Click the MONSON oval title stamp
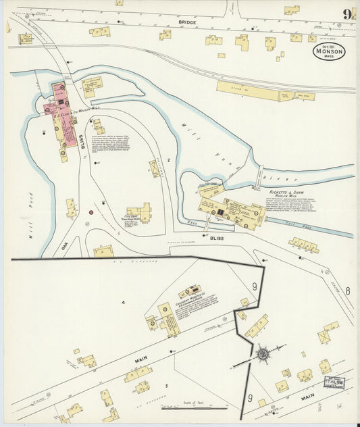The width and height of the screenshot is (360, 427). tap(329, 51)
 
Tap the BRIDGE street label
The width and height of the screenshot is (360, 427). tap(187, 22)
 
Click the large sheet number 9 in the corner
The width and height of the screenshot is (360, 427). tap(346, 14)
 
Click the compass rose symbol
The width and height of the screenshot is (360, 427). tap(262, 353)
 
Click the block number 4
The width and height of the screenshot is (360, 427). tap(124, 301)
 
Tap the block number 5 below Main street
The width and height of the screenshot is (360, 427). tap(166, 386)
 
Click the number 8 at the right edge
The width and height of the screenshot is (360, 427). tap(347, 291)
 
